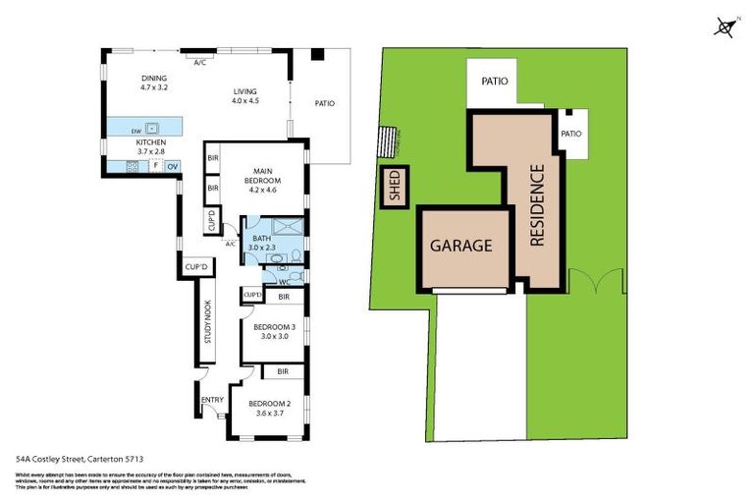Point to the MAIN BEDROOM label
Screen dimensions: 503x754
pos(261,175)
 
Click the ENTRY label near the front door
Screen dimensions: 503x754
pos(212,399)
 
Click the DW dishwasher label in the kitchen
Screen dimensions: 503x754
pos(137,130)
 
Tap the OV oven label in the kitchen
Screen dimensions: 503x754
pos(172,167)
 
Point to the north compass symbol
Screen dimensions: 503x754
pos(724,28)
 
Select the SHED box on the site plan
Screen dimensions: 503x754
pos(396,189)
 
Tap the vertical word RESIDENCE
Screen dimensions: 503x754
pos(537,204)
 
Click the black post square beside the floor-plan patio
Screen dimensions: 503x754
pos(316,54)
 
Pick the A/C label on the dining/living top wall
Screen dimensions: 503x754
pos(199,63)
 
